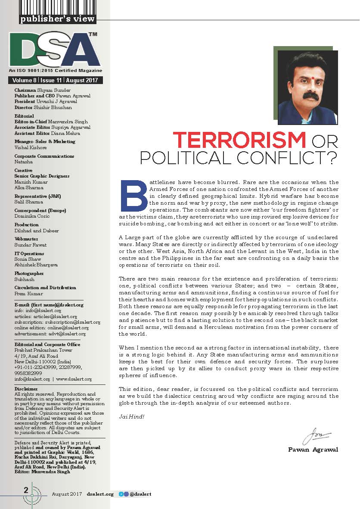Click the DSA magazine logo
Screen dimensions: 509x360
[56, 48]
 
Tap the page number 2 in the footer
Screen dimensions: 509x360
[26, 490]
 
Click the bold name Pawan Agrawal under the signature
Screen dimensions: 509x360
[313, 450]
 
